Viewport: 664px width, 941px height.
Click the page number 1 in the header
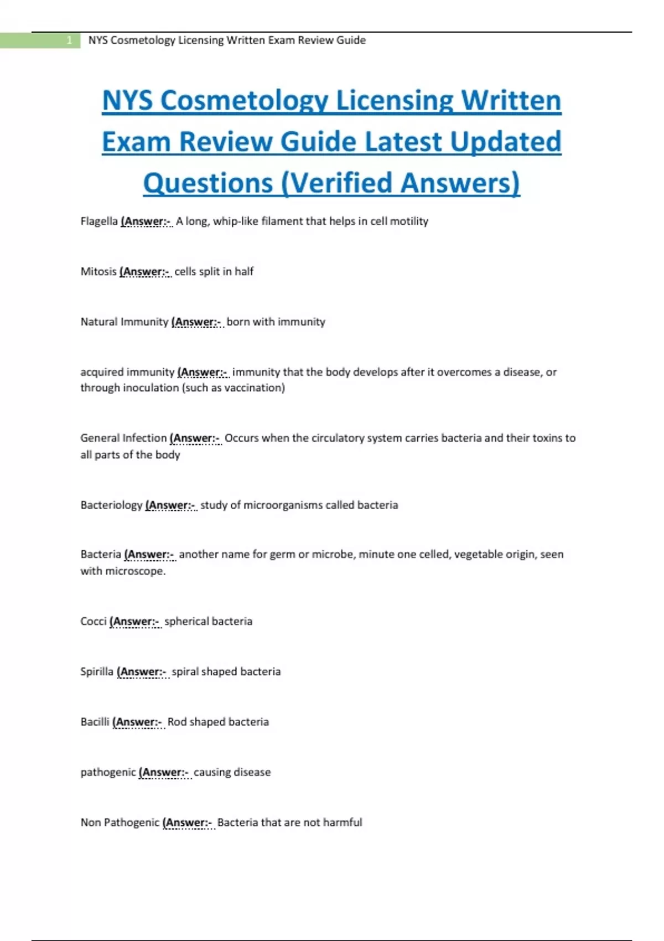click(69, 40)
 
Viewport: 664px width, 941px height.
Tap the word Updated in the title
click(505, 142)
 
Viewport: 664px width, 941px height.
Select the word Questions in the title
click(208, 183)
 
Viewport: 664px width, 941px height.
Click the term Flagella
click(98, 221)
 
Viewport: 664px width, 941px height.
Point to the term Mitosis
click(98, 272)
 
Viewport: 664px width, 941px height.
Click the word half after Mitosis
click(244, 272)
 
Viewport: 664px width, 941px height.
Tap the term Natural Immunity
click(124, 322)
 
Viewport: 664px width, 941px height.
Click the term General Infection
click(123, 438)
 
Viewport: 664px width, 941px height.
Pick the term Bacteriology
click(111, 505)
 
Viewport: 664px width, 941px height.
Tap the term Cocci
click(93, 621)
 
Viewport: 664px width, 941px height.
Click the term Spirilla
click(96, 671)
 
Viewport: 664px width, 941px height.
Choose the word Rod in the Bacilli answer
click(177, 722)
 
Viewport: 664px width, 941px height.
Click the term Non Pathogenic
click(120, 823)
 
